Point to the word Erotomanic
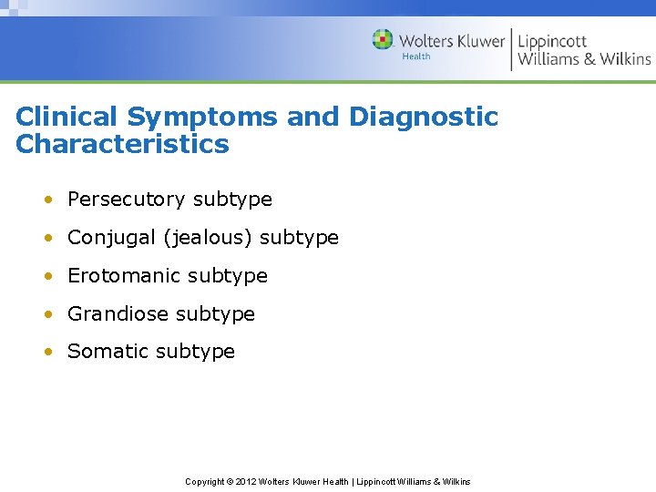[117, 275]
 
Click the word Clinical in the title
[67, 117]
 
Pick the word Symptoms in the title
[202, 118]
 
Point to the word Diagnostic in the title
[423, 117]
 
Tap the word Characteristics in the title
[122, 144]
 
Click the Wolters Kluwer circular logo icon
[383, 40]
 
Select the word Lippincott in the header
[552, 42]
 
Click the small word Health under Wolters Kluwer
[416, 56]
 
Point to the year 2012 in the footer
[246, 481]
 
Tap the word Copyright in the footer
[205, 481]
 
